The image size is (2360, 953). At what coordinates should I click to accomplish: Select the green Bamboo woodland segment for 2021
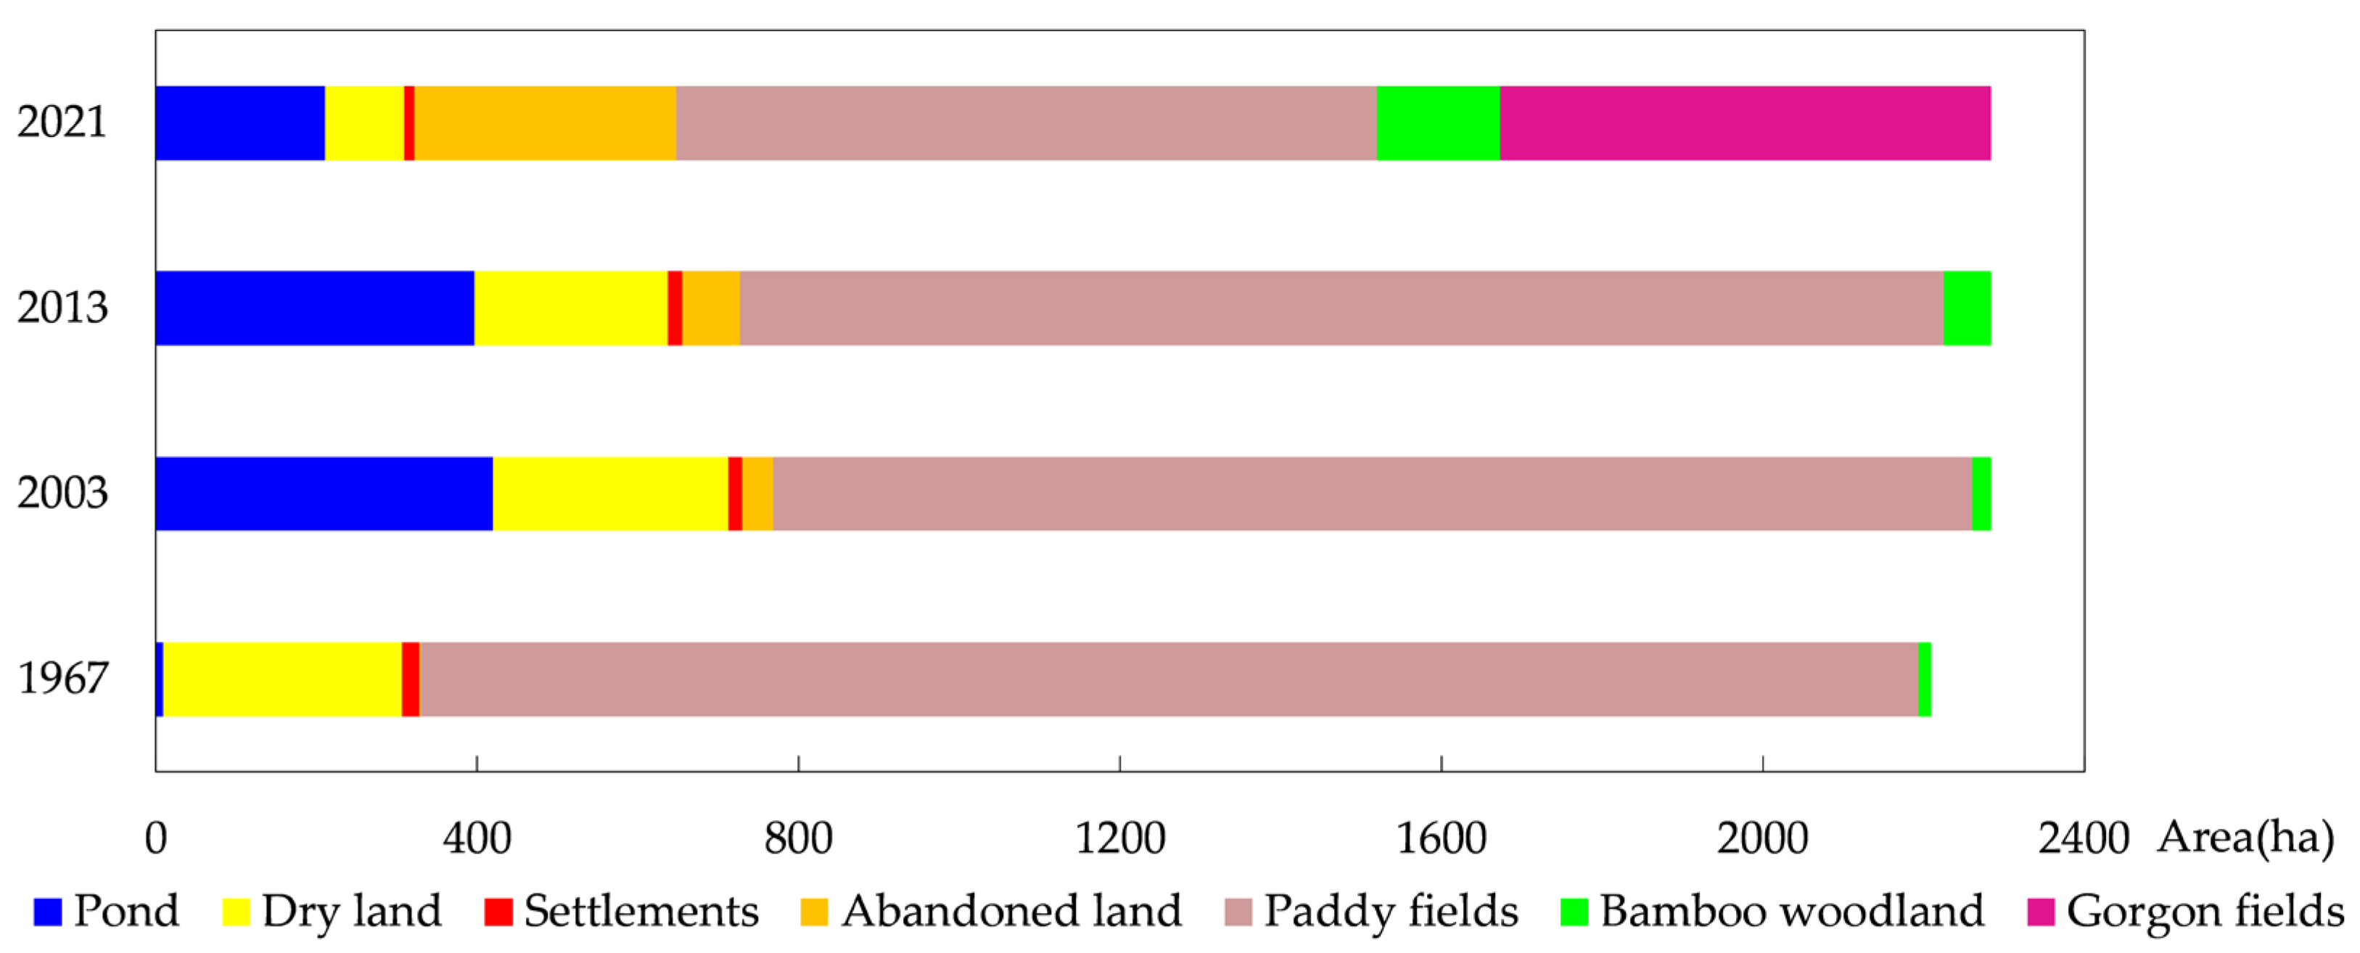tap(1437, 123)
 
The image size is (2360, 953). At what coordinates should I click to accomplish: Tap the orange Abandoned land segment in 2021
tap(545, 123)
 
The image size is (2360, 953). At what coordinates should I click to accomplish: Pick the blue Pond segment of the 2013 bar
tap(314, 308)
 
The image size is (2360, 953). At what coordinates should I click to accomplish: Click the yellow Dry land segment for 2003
tap(610, 493)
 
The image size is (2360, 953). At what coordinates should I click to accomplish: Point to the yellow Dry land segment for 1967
tap(282, 679)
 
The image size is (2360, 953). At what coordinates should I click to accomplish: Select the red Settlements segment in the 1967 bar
tap(411, 679)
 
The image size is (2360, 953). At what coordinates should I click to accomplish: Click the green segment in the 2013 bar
tap(1966, 308)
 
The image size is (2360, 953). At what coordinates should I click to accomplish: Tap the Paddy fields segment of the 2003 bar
tap(1371, 493)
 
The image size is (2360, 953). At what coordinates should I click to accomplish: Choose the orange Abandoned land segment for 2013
tap(711, 308)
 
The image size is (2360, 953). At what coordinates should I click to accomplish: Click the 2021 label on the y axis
tap(62, 122)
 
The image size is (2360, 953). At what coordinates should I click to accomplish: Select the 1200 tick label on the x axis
tap(1119, 838)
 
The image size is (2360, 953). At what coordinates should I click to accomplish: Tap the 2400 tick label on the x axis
tap(2082, 838)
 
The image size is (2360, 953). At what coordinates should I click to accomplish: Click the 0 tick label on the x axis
tap(156, 838)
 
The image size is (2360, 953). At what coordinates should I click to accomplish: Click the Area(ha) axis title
tap(2245, 837)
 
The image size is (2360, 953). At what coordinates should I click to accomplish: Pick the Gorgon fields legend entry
tap(2185, 911)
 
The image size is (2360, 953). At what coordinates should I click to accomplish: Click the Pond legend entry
tap(106, 911)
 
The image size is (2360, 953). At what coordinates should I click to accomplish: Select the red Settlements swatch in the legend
tap(498, 912)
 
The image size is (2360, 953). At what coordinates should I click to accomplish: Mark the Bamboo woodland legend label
tap(1791, 911)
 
